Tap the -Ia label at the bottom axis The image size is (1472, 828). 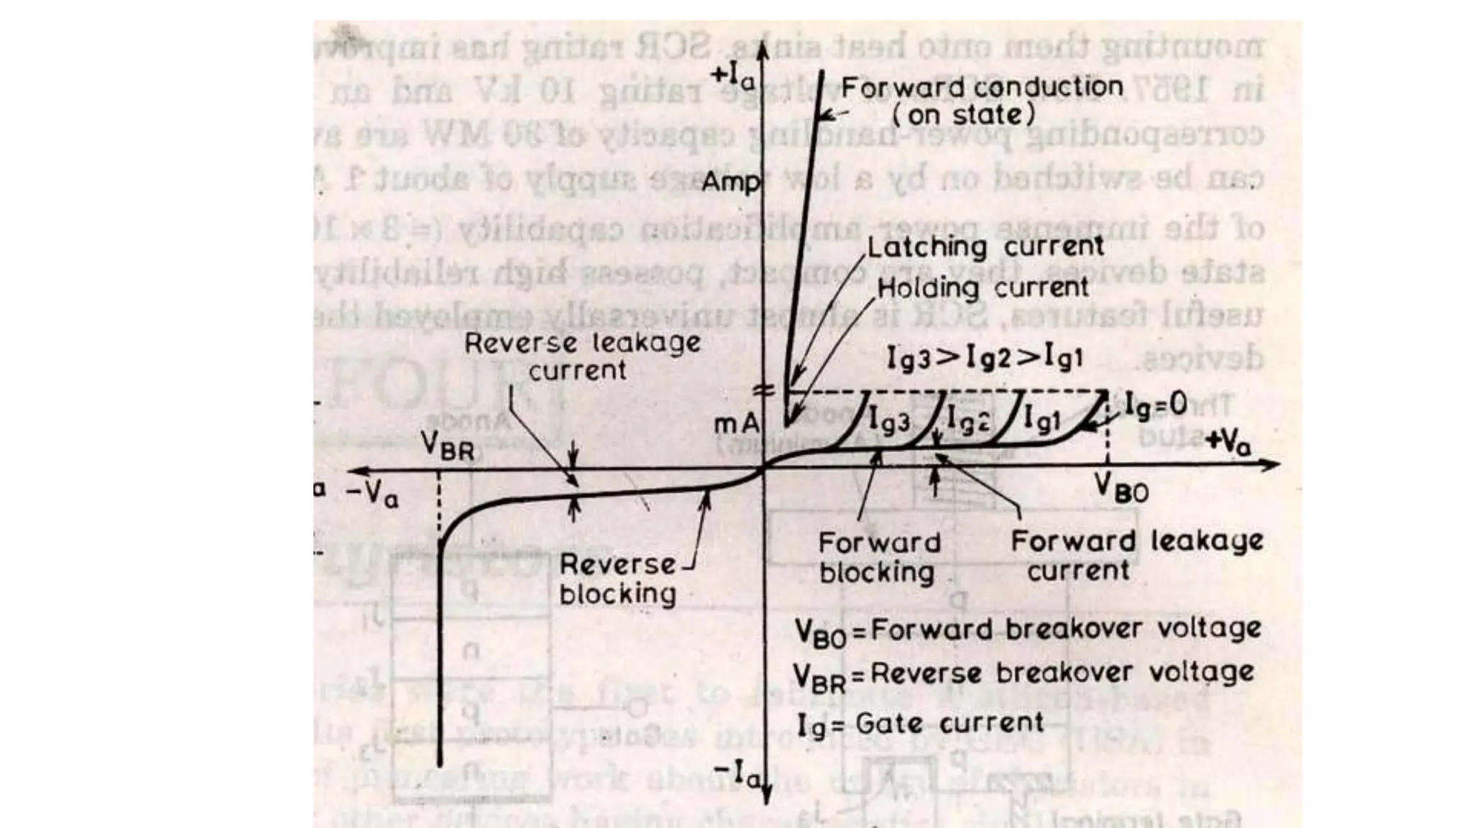736,774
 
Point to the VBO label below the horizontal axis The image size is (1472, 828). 1121,489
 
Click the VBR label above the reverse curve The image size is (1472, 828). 447,446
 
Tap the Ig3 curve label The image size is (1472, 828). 889,420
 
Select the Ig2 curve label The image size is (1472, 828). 967,419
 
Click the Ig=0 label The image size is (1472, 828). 1155,405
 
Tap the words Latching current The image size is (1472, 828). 985,247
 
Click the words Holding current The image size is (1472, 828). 983,288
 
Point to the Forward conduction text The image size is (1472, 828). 982,88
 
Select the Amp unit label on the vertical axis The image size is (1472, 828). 730,182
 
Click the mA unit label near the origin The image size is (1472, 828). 736,424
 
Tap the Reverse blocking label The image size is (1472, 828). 617,579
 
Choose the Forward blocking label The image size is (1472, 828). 878,557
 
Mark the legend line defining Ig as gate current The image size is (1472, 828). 920,724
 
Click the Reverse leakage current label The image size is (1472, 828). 581,356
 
